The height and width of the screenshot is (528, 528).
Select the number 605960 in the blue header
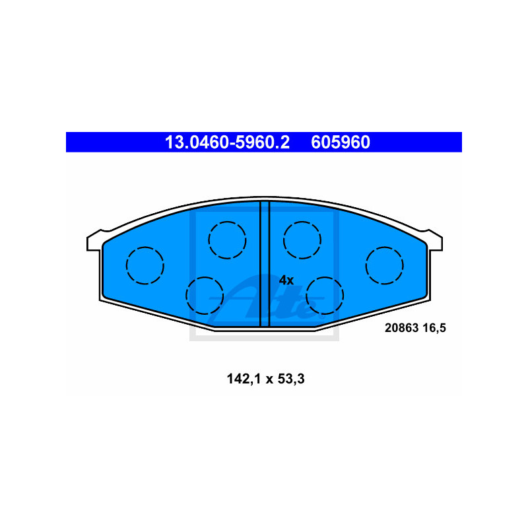coord(341,142)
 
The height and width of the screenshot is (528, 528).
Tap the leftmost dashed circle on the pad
coord(145,265)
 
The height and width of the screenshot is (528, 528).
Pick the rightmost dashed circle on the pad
coord(384,265)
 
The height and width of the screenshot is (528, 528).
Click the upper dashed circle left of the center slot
coord(227,239)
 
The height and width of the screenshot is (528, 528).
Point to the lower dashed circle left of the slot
coord(205,295)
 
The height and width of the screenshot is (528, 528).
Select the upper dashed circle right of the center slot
coord(302,239)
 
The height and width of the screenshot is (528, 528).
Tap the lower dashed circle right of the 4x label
coord(325,295)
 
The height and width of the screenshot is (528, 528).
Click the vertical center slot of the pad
coord(265,264)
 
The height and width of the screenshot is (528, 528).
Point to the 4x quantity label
coord(286,280)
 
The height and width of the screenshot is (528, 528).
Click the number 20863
coord(401,327)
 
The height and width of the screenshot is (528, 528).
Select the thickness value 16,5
coord(437,327)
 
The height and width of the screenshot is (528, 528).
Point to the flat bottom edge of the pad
coord(264,327)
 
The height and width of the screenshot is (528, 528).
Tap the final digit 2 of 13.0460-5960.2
coord(285,142)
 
